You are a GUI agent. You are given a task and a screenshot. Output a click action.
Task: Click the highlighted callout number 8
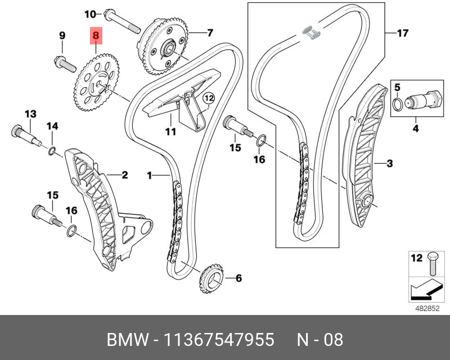96,36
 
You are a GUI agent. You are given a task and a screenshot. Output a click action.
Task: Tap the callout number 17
402,33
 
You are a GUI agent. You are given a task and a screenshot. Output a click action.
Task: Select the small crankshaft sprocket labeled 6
210,277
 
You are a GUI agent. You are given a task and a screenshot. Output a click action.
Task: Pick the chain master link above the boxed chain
310,33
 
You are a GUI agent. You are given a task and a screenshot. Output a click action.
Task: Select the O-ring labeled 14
52,150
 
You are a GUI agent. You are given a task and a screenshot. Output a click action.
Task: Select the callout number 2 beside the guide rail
124,175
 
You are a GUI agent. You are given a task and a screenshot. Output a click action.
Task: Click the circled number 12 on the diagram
209,99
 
